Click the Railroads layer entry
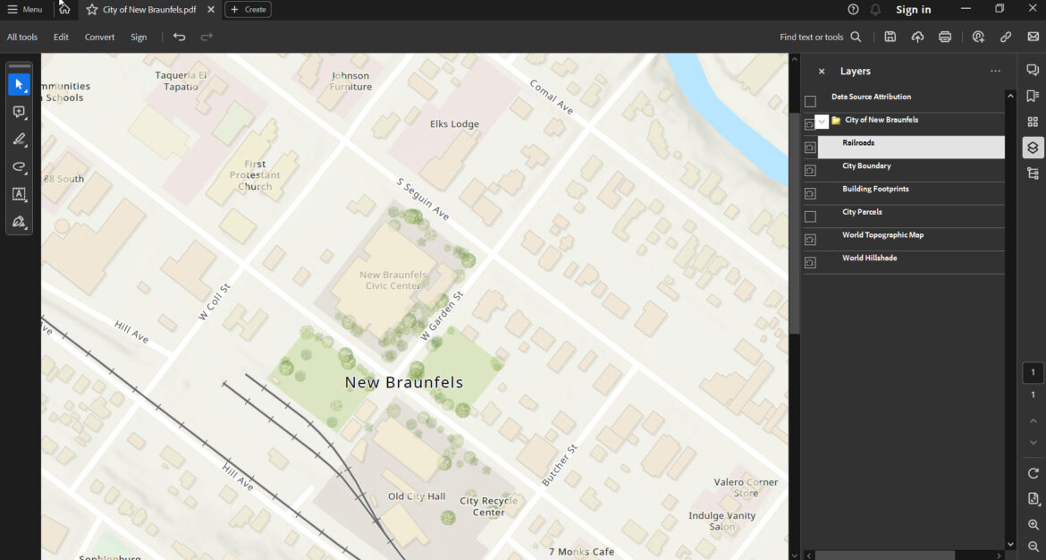pos(858,143)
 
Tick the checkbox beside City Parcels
pos(810,216)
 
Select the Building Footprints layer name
pos(875,189)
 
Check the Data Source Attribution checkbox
pos(810,101)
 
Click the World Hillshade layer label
pos(869,258)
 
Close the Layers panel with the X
pos(822,72)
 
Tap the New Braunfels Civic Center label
pos(392,280)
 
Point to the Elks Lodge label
pos(454,124)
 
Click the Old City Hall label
pos(416,496)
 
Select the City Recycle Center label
pos(488,506)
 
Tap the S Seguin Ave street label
pos(423,199)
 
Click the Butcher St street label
pos(560,465)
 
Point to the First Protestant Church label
pos(255,175)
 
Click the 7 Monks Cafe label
pos(581,552)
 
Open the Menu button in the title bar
pos(24,10)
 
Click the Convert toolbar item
pos(99,37)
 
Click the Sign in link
pos(913,10)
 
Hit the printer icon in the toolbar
pos(945,37)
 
